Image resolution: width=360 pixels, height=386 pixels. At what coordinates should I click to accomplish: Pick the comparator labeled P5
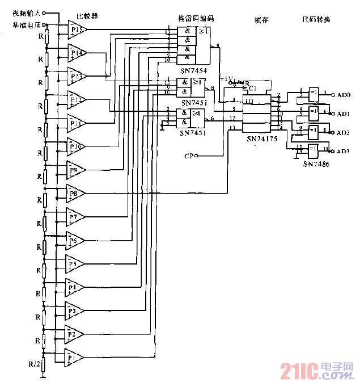(x=74, y=263)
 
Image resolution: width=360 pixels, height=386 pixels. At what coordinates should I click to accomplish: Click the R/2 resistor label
(x=36, y=363)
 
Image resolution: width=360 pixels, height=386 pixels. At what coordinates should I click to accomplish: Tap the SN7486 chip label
(x=315, y=163)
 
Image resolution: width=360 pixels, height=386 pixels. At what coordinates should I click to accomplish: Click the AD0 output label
(x=344, y=95)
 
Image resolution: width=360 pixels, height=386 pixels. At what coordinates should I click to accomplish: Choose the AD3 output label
(x=344, y=151)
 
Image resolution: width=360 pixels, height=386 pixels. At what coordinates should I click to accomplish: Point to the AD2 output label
(x=344, y=132)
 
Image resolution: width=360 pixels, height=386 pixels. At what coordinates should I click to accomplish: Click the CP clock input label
(x=189, y=155)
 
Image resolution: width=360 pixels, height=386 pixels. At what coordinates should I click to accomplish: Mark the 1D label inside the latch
(x=248, y=101)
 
